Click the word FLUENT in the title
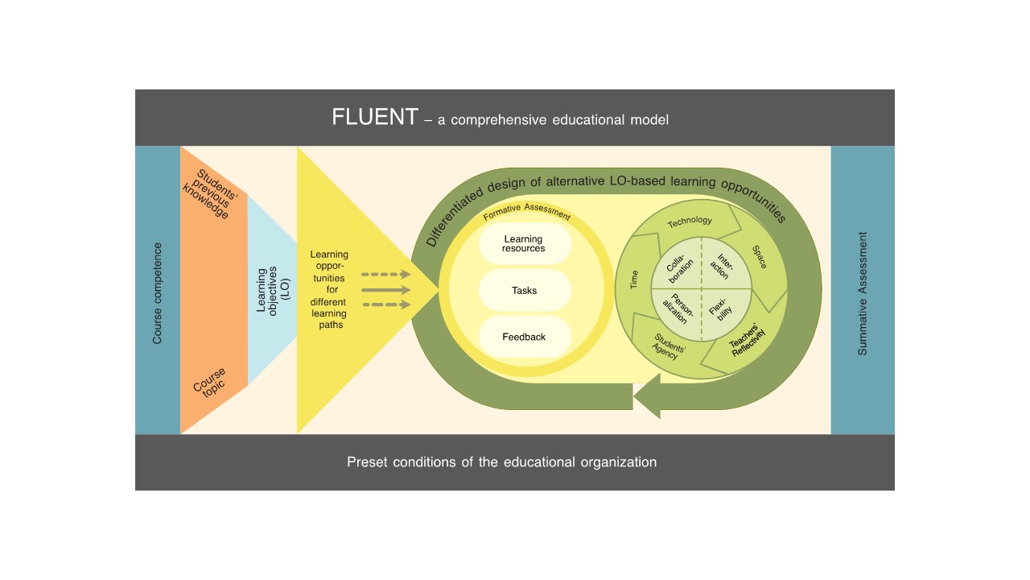(374, 118)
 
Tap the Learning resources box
(524, 243)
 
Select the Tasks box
(524, 290)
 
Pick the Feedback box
(524, 337)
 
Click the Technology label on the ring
(690, 220)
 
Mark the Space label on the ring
(759, 257)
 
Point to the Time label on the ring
(634, 280)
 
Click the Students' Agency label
(665, 346)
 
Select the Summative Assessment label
(863, 293)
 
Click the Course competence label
(157, 293)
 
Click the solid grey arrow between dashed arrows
(385, 289)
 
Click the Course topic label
(210, 381)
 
